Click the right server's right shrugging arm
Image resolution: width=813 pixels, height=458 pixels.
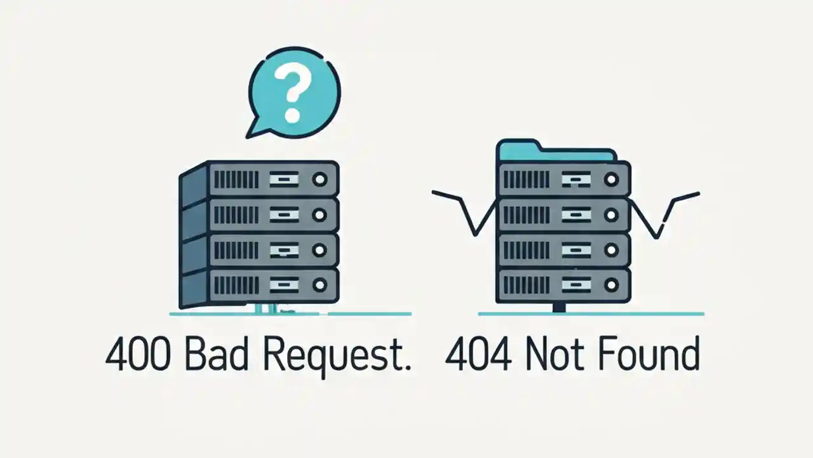664,210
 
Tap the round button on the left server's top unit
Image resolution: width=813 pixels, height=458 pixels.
319,180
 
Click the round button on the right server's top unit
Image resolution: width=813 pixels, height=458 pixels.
611,180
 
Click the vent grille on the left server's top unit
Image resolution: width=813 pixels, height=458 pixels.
234,180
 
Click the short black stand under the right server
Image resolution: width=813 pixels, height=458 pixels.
559,308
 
